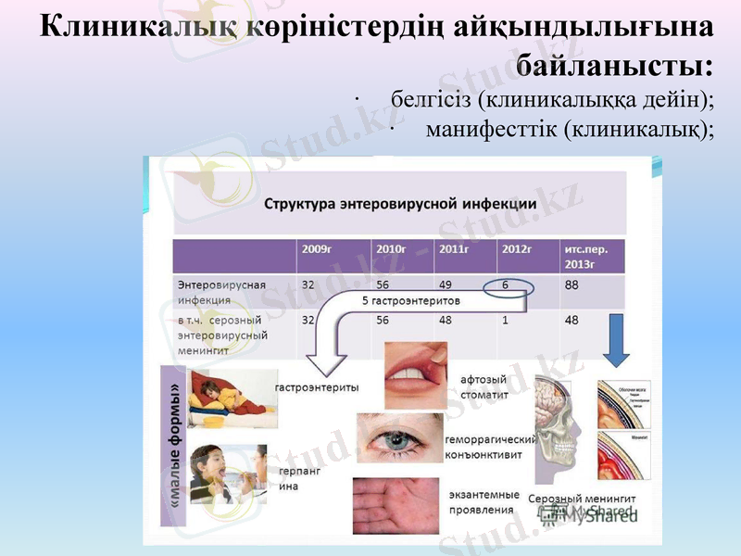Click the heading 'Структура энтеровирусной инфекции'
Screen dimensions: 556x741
(401, 204)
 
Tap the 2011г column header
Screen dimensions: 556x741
(453, 249)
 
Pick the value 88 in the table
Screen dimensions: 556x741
(572, 285)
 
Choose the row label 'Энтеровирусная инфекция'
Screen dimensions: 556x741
(221, 292)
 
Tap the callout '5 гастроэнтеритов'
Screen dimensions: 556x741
(410, 301)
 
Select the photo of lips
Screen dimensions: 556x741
(416, 375)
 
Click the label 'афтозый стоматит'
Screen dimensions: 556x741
(484, 387)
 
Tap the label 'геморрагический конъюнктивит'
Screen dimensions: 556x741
(490, 447)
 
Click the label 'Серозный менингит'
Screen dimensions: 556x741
(583, 499)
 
